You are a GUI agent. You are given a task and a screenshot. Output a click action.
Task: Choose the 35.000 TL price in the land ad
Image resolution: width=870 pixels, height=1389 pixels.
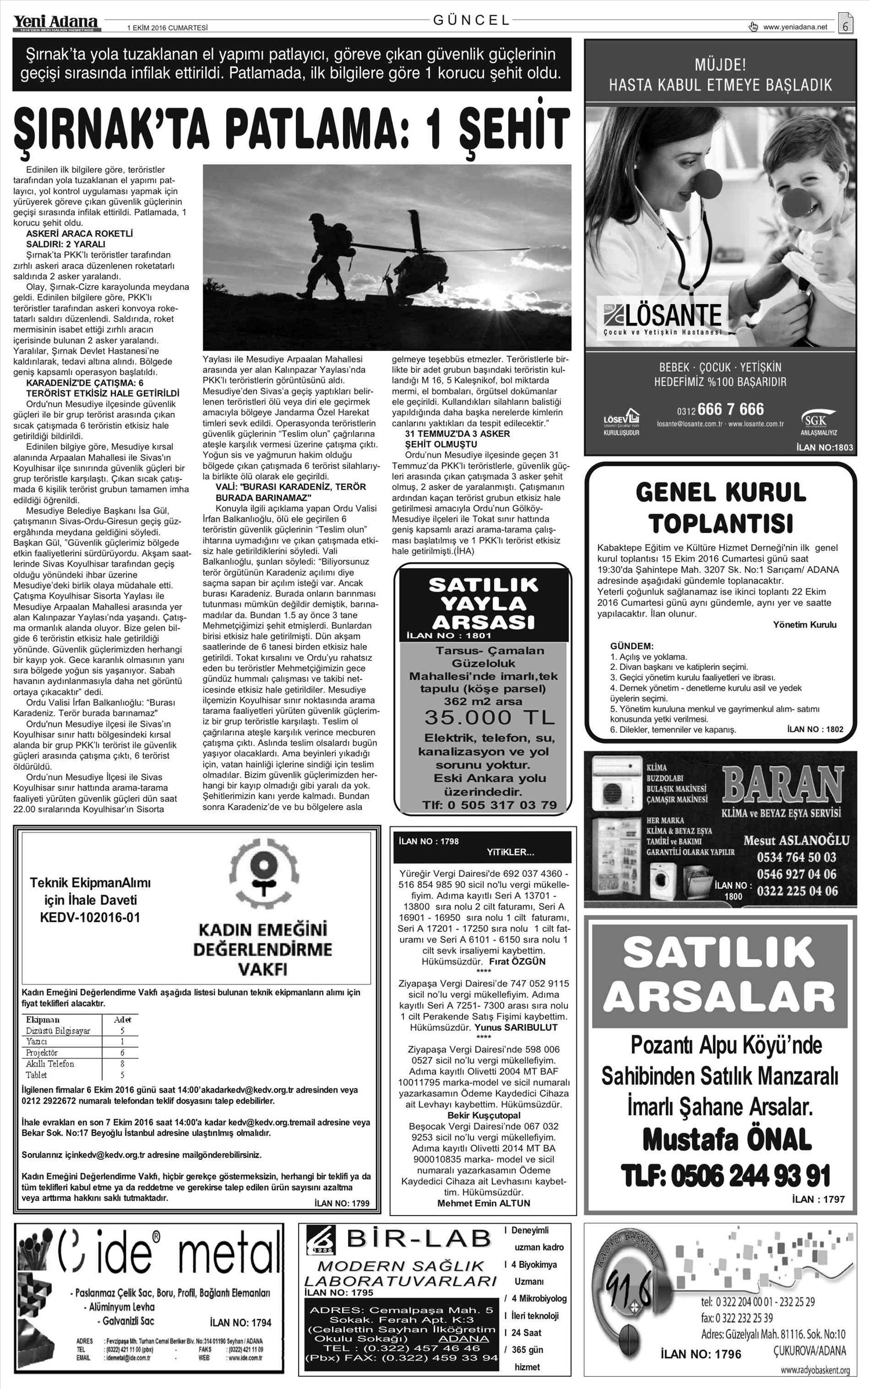click(490, 717)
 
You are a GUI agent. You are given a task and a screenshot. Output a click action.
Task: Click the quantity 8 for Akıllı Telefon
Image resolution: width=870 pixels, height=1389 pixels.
click(122, 1064)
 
